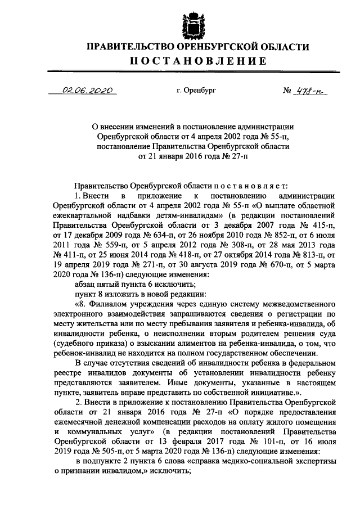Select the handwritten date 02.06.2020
click(x=88, y=90)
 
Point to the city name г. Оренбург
click(x=195, y=90)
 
